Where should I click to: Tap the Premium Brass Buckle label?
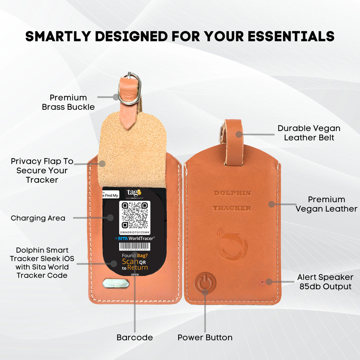(x=69, y=102)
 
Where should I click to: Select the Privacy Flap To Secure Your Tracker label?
(x=42, y=171)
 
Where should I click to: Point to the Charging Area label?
(x=38, y=218)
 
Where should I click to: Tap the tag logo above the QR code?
(x=134, y=193)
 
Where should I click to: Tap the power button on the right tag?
(x=205, y=283)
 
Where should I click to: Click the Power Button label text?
(x=205, y=337)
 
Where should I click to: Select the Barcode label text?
(x=135, y=337)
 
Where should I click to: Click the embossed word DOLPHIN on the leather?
(x=232, y=193)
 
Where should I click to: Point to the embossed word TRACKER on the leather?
(x=232, y=208)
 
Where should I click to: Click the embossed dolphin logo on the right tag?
(x=233, y=244)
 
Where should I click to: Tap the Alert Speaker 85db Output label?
(x=325, y=282)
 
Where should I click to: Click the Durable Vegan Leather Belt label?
(x=309, y=133)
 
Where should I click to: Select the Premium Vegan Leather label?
(x=326, y=204)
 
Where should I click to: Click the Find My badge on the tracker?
(x=111, y=195)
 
